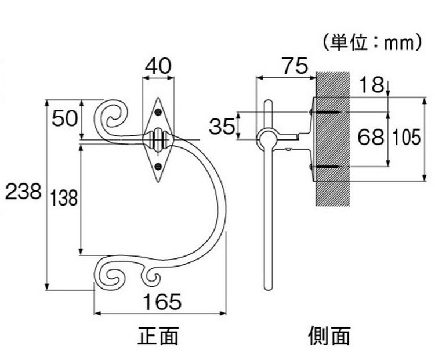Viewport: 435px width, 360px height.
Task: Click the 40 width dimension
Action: [158, 66]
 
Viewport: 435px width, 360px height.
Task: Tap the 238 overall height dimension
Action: [23, 192]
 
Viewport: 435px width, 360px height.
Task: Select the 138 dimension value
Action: [64, 198]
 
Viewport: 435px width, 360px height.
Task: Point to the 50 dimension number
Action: [65, 118]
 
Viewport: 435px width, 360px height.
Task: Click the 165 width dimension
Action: [162, 302]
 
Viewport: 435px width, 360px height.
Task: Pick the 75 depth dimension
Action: [295, 66]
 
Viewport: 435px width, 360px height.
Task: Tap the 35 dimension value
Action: [222, 127]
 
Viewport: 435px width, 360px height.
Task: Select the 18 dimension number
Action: [371, 85]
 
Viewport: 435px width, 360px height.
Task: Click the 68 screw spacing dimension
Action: [371, 137]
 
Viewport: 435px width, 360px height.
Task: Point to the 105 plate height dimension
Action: [407, 138]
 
